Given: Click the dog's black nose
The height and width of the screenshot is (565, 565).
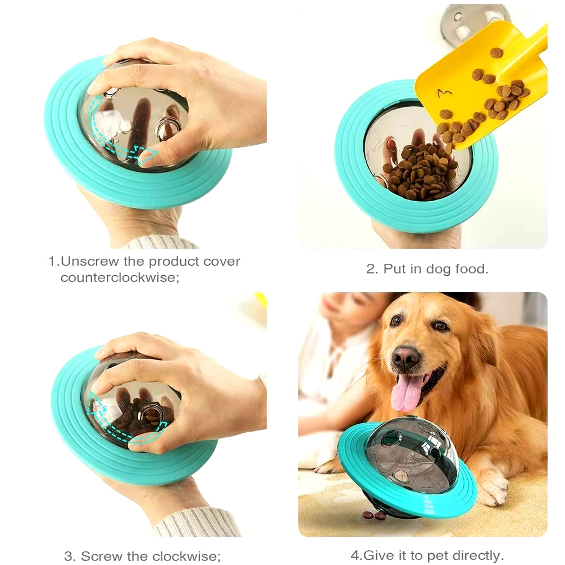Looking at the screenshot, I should pos(406,357).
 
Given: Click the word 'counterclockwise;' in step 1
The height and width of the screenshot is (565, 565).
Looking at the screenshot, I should pos(120,278).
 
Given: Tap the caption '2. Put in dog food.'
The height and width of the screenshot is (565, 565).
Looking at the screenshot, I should pos(427,269).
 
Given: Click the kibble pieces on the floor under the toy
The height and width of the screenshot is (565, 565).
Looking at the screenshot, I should pos(374,515).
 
